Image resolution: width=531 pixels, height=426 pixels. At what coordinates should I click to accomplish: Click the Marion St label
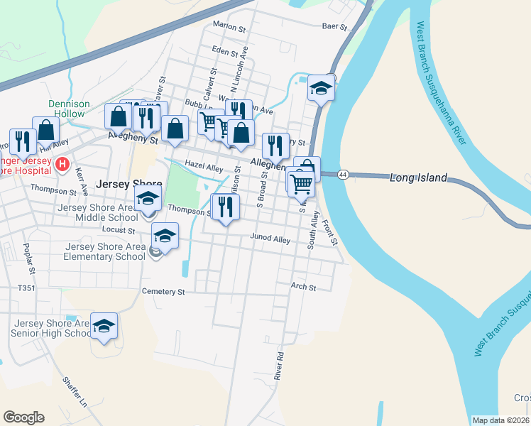tap(229, 26)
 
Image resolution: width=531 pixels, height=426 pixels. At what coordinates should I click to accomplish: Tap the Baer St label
tap(334, 27)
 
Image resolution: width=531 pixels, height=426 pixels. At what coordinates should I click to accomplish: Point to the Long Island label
tap(419, 177)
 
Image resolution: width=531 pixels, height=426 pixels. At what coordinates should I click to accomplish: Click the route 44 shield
tap(343, 175)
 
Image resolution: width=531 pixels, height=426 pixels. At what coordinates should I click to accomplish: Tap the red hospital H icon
tap(62, 165)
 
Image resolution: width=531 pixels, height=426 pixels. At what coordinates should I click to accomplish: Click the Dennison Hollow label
tap(69, 109)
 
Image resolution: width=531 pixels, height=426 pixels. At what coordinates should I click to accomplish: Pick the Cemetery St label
tap(163, 291)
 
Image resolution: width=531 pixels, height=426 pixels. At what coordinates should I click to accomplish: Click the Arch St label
tap(303, 287)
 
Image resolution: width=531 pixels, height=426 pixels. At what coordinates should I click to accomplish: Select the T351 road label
tap(26, 288)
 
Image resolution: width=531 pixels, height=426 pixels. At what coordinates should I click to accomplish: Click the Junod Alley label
tap(270, 240)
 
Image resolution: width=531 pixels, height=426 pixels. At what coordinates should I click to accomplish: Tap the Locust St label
tap(119, 230)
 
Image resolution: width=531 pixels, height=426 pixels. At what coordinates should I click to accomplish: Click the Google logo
tap(23, 417)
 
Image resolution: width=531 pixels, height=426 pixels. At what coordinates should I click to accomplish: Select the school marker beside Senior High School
tap(104, 326)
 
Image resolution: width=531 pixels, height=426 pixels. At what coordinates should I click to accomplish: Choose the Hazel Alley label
tap(204, 168)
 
